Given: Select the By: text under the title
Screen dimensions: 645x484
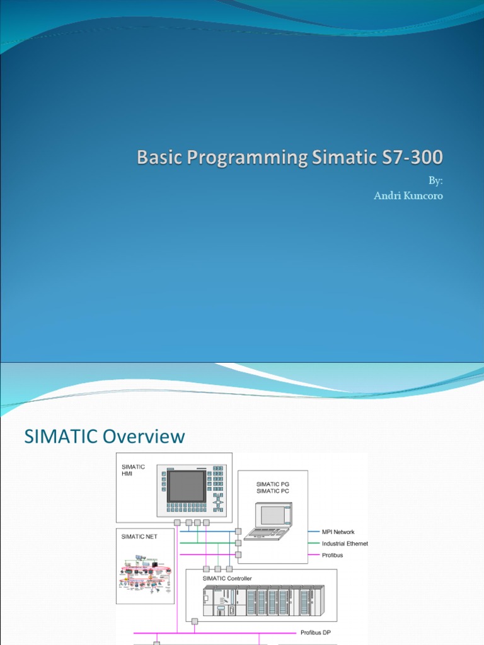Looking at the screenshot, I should [x=435, y=181].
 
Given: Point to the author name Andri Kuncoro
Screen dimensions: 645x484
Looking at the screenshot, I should [x=409, y=196].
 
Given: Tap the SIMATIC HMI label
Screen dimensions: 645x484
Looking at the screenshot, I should [x=133, y=470].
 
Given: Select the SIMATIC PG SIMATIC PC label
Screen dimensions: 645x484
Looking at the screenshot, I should [x=272, y=487].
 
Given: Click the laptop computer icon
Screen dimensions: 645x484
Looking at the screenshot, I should [x=269, y=520].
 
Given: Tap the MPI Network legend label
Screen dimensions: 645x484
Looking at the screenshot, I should [x=338, y=532].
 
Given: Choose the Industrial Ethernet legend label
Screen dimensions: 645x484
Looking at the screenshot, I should [x=345, y=544].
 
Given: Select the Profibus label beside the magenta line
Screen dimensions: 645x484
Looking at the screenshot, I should [x=333, y=555].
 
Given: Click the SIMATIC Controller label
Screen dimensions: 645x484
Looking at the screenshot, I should [x=228, y=578].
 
